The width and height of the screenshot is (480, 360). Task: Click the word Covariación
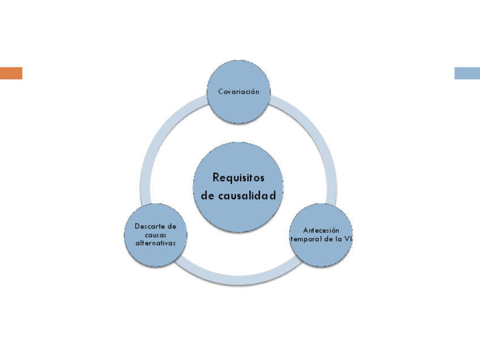(x=238, y=92)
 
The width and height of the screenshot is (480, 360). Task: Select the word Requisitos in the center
(x=238, y=177)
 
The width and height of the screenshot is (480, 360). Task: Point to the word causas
(x=156, y=234)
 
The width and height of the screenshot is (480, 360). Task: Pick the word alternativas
(x=156, y=243)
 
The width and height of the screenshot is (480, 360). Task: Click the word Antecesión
(x=321, y=230)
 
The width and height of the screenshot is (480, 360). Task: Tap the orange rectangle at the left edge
(x=11, y=73)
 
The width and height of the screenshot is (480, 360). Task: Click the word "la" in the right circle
(x=338, y=239)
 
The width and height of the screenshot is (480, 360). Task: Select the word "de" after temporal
(x=327, y=239)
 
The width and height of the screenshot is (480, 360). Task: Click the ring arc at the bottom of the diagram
(x=238, y=281)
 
